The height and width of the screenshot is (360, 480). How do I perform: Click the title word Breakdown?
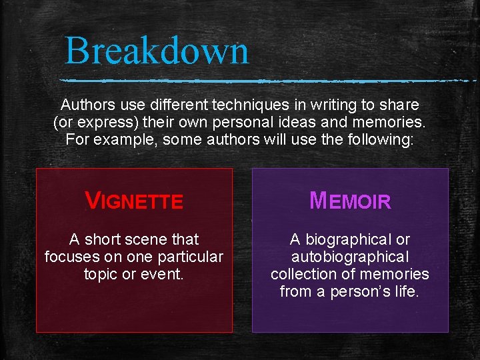tap(157, 51)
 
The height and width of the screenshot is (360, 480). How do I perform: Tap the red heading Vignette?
tap(134, 201)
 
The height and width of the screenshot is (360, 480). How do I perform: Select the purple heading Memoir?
tap(350, 201)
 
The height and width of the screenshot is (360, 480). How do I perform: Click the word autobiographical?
tap(350, 257)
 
